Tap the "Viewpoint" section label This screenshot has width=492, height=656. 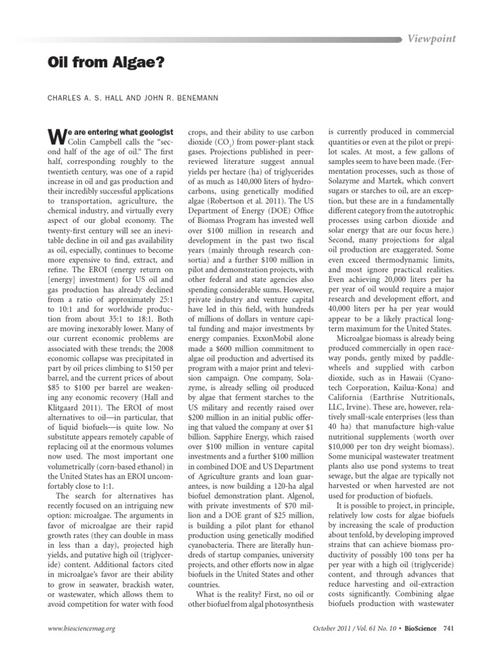pos(432,38)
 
